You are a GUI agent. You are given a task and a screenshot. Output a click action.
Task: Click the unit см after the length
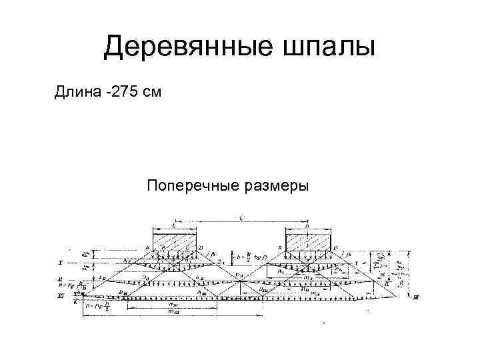point(153,91)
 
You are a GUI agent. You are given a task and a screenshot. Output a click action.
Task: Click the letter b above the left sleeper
point(175,225)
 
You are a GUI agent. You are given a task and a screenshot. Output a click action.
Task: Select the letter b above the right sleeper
point(307,225)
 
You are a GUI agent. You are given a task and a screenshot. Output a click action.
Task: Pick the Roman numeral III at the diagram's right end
point(416,297)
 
